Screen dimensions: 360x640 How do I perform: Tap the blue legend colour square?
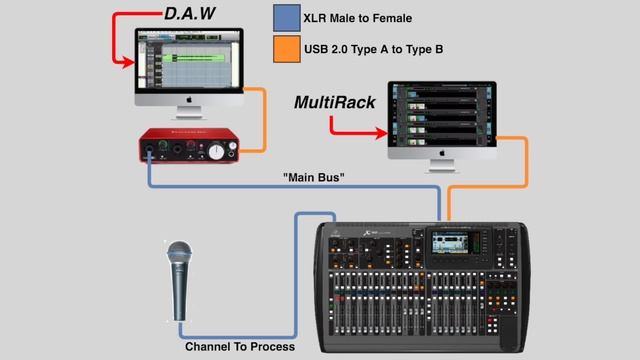tap(286, 19)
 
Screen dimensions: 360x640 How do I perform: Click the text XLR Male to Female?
tap(372, 19)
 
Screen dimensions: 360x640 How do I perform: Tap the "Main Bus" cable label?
tap(315, 177)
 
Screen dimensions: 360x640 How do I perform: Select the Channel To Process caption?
tap(240, 347)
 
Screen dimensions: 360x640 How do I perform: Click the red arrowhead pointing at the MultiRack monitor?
tap(382, 131)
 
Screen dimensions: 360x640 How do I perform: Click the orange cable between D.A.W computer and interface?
tap(262, 120)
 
